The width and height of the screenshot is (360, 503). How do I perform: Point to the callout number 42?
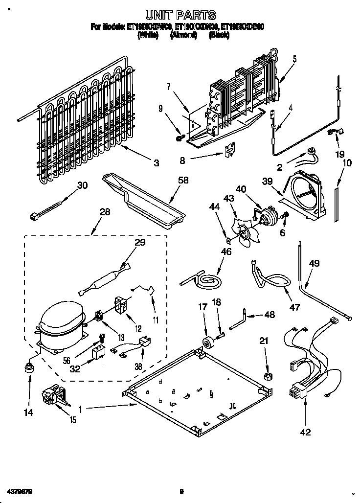[x=305, y=432]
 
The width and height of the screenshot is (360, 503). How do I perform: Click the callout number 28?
[x=104, y=212]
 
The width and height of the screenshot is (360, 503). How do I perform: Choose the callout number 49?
[x=314, y=263]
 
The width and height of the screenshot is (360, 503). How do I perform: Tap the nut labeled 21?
[x=268, y=376]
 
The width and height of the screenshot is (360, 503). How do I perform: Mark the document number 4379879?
[x=20, y=490]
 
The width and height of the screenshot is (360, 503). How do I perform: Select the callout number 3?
[x=156, y=163]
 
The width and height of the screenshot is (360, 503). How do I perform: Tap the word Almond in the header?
[x=180, y=35]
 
